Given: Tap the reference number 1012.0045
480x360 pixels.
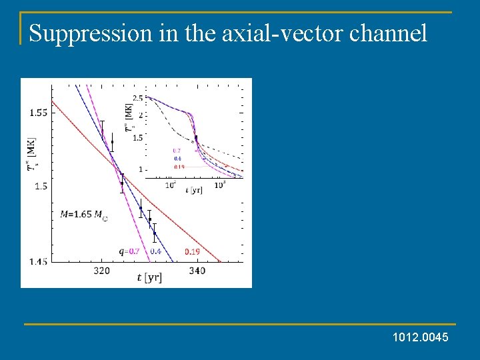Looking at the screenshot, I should [x=421, y=339].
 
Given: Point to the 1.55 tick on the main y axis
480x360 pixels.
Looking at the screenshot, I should [x=38, y=113].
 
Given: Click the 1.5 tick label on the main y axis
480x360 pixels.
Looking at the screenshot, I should [x=41, y=186].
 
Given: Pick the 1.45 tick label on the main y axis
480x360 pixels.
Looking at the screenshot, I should [x=38, y=262].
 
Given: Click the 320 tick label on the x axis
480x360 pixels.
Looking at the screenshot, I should [x=101, y=271].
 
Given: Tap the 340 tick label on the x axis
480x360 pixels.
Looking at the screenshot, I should [x=197, y=271].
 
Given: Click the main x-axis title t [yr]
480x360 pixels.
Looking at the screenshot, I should [x=149, y=277].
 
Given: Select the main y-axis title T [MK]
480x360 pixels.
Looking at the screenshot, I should [x=31, y=154].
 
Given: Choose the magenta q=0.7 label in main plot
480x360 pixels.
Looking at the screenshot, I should [x=129, y=251].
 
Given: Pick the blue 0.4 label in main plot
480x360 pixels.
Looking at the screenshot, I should [x=155, y=251].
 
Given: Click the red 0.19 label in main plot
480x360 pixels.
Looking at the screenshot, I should [x=192, y=251].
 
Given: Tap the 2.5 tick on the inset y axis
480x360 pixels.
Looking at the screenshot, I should [x=138, y=99].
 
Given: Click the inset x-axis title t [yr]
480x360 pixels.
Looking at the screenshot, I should [x=195, y=191].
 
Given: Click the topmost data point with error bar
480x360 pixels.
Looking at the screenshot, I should [x=102, y=130].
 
